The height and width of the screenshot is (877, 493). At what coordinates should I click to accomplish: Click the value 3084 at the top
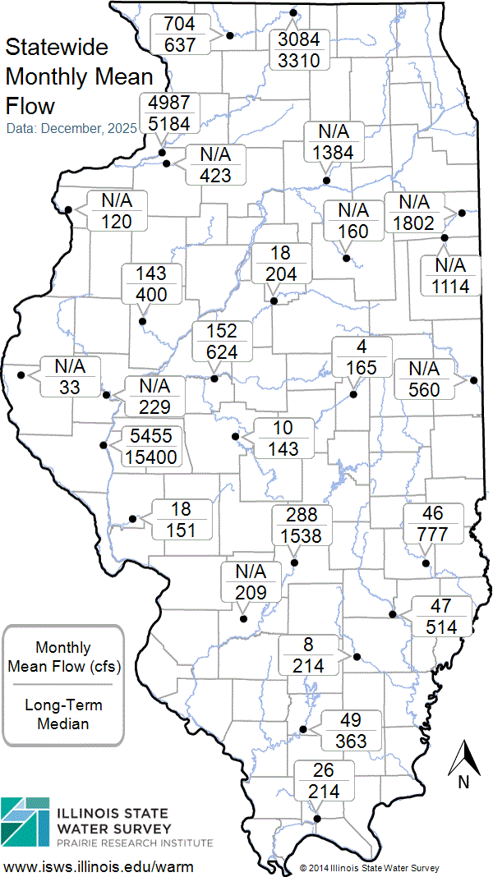point(303,39)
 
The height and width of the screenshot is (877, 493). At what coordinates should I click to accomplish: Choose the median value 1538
point(303,536)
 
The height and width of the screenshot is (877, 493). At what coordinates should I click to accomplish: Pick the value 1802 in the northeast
point(413,222)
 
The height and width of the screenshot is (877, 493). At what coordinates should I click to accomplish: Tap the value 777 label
point(432,535)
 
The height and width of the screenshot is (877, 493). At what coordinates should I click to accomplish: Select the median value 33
point(69,386)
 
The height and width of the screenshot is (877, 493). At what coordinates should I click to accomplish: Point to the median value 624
point(222,351)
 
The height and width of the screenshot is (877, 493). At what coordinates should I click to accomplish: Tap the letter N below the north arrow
point(463,783)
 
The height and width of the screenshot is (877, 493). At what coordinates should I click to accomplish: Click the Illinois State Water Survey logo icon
point(25,821)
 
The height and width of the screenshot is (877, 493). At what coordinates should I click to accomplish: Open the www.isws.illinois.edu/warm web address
point(99,866)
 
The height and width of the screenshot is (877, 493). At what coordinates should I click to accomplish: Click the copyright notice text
point(369,867)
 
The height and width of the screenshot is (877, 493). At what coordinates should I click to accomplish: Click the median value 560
point(424,391)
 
